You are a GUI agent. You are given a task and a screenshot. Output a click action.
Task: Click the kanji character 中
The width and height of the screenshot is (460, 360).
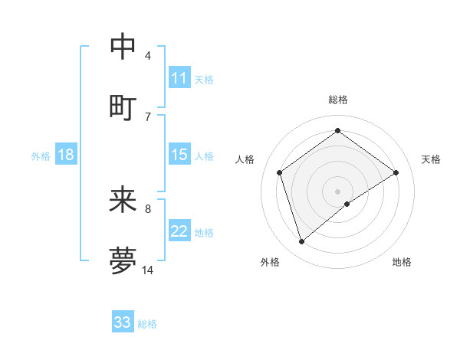123,47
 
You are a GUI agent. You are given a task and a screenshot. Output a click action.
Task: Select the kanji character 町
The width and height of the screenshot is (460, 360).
123,108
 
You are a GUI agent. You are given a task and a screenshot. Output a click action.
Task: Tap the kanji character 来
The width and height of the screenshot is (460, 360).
123,201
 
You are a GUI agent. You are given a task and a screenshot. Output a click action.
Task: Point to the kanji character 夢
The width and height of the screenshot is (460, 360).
123,261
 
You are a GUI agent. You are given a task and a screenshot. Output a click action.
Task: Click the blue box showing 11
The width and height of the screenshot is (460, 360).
179,78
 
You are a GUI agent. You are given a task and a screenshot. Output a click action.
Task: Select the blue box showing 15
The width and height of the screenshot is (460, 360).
179,155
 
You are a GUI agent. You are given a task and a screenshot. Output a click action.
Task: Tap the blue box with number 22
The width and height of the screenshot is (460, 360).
179,231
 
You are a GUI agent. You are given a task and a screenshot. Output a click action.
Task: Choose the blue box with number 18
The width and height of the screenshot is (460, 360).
66,155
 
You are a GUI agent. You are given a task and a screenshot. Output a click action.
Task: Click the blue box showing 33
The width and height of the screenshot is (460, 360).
123,322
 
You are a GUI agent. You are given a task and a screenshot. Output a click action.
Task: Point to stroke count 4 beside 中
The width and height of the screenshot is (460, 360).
148,55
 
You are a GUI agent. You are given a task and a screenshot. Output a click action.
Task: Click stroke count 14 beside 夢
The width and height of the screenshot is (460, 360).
148,270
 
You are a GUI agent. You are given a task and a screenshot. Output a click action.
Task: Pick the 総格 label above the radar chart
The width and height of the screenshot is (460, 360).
337,100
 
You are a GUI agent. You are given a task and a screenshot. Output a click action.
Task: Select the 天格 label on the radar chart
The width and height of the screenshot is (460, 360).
431,159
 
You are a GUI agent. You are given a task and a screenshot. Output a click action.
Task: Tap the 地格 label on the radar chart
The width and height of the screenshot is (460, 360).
402,262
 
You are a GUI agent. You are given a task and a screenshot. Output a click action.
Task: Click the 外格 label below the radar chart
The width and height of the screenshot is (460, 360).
270,262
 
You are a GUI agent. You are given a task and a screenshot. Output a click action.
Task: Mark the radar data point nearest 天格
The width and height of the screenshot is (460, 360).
396,172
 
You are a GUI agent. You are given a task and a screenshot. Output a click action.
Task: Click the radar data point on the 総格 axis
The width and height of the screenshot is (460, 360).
337,131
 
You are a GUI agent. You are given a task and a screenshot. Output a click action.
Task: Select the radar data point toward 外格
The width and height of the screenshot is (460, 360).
301,242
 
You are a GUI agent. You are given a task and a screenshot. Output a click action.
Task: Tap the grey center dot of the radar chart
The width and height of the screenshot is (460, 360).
337,191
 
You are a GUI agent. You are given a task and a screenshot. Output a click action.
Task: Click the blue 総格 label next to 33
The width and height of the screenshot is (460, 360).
147,324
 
